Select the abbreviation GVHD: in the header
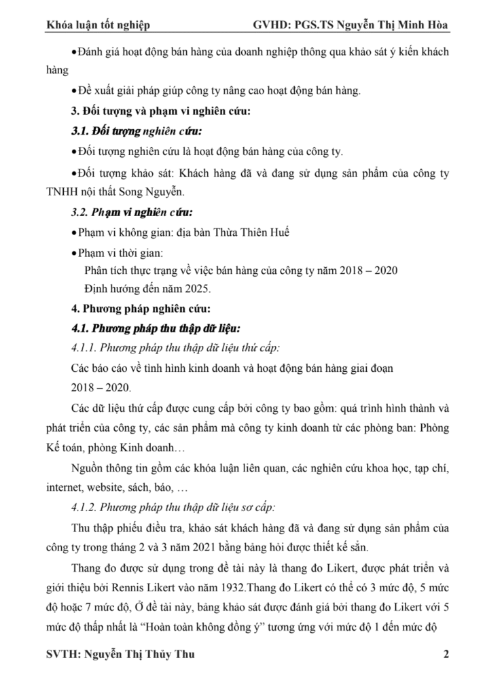coord(272,26)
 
